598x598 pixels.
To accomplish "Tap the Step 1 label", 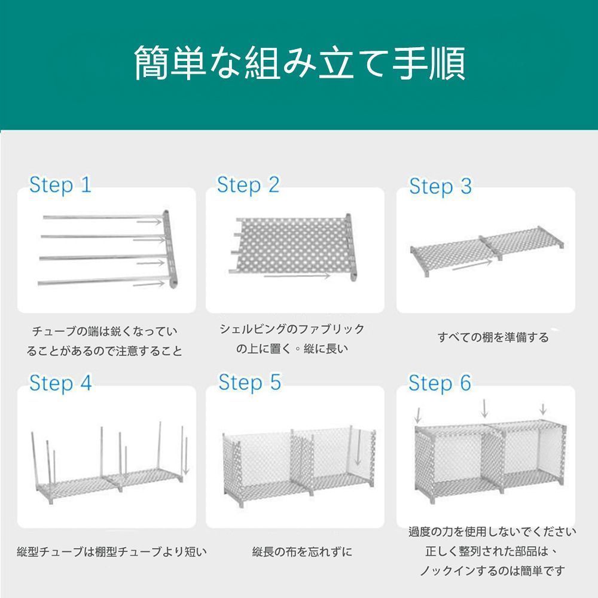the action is (60, 185).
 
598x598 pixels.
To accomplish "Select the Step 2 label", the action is (248, 185).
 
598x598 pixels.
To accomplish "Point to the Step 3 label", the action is (441, 187).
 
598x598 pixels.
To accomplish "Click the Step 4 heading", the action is (60, 383).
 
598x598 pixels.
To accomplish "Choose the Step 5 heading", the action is (250, 382).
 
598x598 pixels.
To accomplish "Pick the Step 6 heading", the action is (440, 383).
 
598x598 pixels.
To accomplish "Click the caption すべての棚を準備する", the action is (493, 337).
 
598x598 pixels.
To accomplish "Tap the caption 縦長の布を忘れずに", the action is (302, 551).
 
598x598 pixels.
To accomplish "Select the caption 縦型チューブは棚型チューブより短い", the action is (112, 551).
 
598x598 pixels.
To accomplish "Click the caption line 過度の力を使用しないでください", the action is (492, 531).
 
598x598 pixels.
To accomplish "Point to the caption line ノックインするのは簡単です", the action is (492, 570).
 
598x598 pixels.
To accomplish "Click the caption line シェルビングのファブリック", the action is (292, 329).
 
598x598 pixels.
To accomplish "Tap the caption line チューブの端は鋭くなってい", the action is (105, 331).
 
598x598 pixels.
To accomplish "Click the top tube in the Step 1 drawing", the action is (103, 218).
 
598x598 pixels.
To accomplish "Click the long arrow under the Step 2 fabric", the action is (297, 275).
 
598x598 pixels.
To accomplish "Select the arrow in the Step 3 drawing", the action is (472, 265).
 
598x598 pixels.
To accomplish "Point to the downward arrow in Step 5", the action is (358, 448).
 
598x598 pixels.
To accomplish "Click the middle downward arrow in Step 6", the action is (484, 408).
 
